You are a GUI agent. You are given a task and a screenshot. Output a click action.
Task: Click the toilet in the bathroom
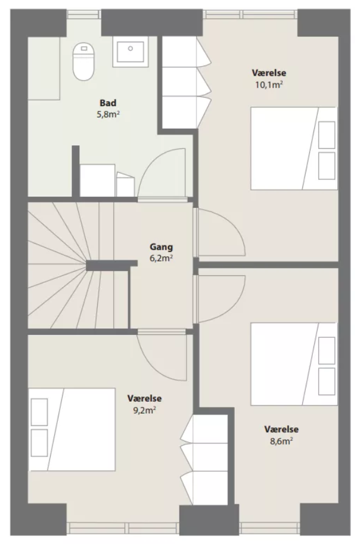[83, 61]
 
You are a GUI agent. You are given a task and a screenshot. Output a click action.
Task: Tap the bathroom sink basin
[130, 52]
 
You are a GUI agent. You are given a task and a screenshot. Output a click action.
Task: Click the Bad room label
[108, 103]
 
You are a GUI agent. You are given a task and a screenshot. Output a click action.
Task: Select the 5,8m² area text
[108, 114]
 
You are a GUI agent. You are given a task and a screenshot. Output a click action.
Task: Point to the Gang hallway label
[161, 247]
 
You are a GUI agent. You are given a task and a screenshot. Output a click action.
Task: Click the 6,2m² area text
[162, 259]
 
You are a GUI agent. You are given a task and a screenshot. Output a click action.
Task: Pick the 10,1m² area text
[269, 85]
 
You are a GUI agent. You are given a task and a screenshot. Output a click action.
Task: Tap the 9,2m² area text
[144, 411]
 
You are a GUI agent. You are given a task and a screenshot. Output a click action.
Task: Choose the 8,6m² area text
[281, 442]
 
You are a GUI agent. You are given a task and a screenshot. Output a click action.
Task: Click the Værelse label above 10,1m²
[269, 73]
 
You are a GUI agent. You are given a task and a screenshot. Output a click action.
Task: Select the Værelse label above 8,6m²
[281, 429]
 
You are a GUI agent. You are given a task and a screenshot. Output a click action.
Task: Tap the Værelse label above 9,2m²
[144, 398]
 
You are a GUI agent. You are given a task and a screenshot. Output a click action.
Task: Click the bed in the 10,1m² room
[294, 148]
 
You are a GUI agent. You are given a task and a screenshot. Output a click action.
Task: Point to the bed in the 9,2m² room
[72, 430]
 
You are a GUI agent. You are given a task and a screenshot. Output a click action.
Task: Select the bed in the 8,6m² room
[294, 364]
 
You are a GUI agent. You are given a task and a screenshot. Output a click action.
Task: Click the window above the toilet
[83, 14]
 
